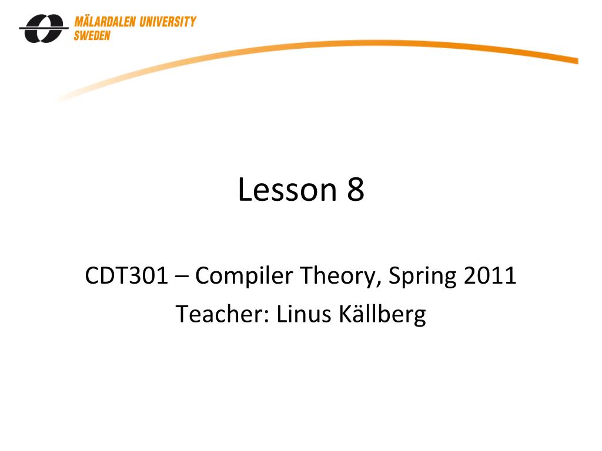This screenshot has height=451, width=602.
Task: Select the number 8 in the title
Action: pyautogui.click(x=355, y=190)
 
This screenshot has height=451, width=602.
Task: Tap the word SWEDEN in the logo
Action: pyautogui.click(x=92, y=35)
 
